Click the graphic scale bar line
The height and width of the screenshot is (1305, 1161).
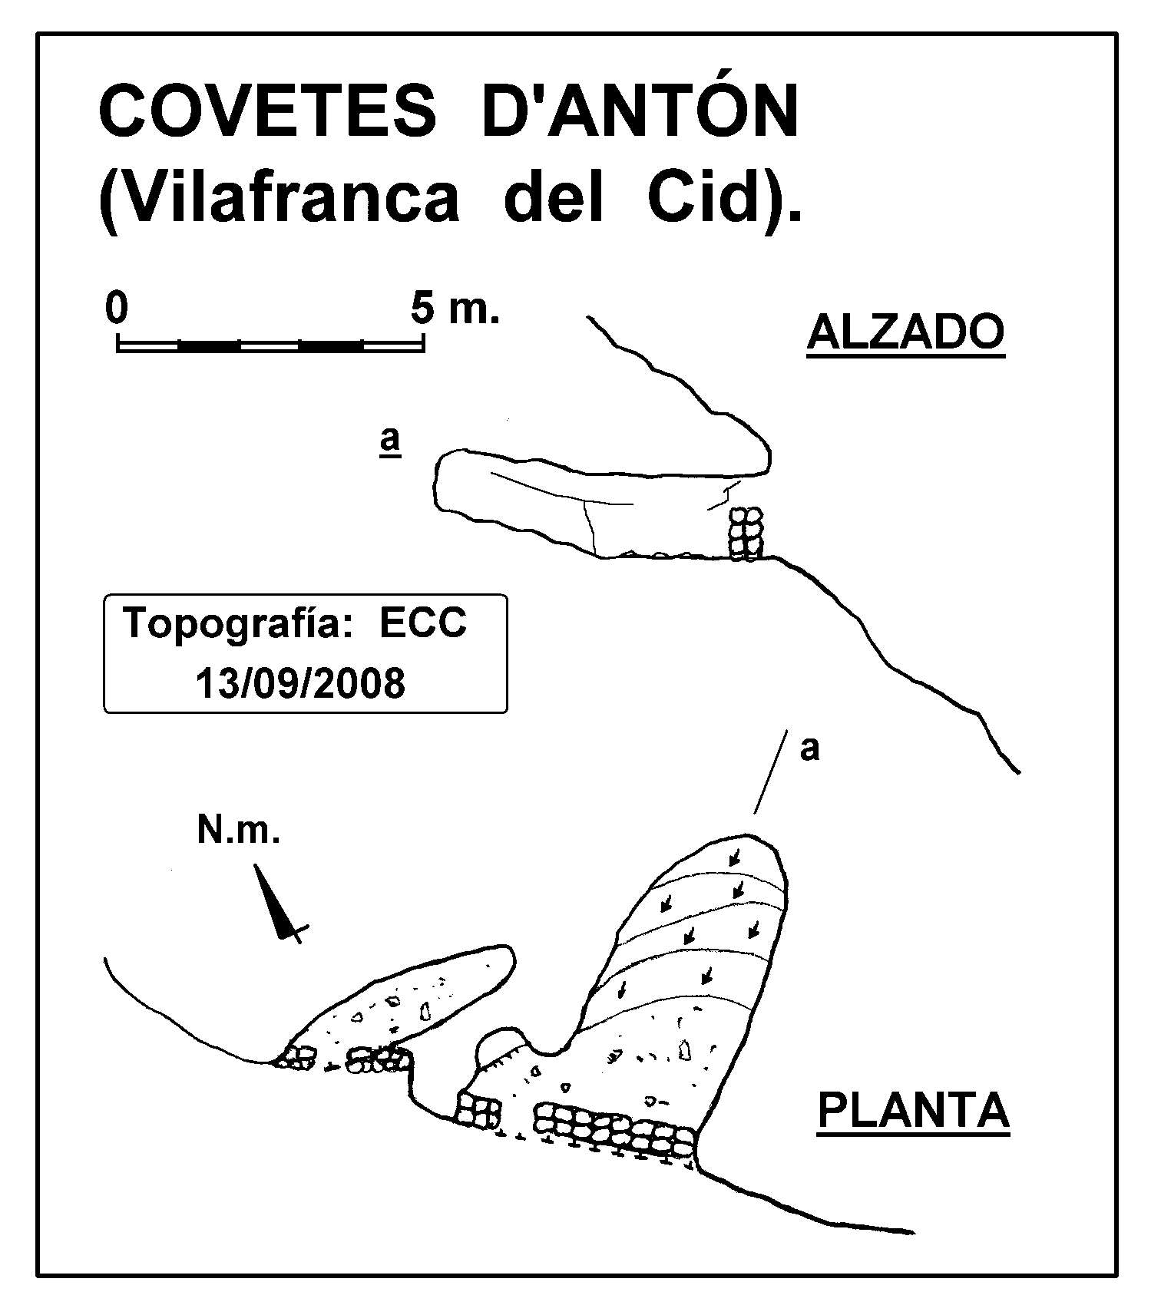270,345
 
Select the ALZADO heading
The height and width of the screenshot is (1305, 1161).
906,334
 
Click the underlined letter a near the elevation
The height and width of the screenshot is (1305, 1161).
390,441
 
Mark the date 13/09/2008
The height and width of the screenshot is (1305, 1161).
300,682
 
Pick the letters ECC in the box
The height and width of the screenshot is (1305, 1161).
423,623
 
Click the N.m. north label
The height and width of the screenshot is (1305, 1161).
238,830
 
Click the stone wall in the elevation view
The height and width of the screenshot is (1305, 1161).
746,534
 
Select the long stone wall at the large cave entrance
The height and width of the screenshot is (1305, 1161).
615,1130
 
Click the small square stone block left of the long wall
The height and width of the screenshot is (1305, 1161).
479,1110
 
